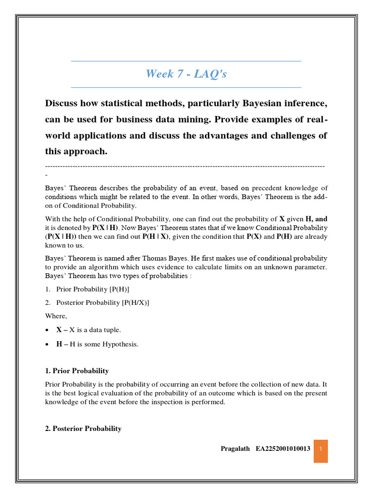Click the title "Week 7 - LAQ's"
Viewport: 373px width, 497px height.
186,74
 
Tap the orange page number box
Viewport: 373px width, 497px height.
321,448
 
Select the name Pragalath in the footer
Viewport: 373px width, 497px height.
235,449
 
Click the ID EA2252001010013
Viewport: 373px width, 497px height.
283,449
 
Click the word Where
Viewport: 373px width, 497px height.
56,316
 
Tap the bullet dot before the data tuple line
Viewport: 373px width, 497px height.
47,330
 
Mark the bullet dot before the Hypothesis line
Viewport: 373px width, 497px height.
47,344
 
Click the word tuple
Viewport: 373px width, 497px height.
110,330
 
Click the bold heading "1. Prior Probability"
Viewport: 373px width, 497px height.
77,371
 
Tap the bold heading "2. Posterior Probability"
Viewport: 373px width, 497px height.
83,429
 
